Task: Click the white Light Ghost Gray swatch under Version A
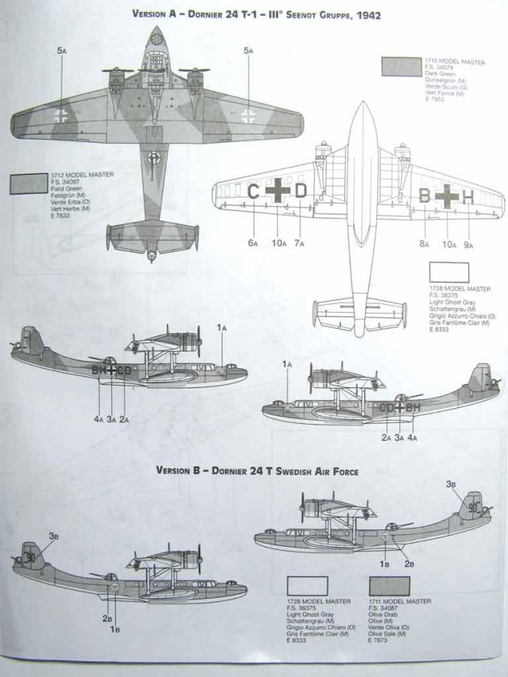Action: click(x=448, y=272)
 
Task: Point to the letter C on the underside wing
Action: click(x=253, y=191)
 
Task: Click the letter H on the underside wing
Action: click(x=468, y=195)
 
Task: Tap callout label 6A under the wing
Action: click(x=253, y=243)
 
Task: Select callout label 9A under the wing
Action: click(x=468, y=245)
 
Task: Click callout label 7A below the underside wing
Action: click(x=299, y=243)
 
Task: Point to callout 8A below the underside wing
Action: click(x=425, y=245)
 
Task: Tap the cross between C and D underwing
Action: click(x=276, y=192)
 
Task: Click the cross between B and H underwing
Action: click(x=447, y=195)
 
